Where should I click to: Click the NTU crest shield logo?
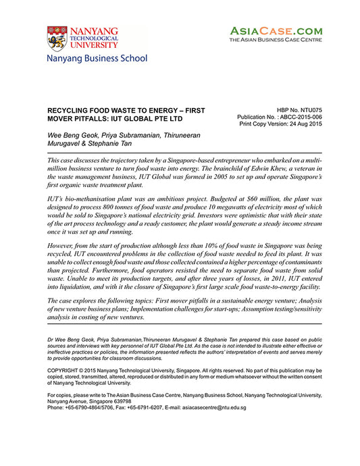57,39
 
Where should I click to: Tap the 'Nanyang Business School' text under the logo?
97,59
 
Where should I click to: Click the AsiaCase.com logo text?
276,31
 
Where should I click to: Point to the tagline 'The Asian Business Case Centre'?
276,41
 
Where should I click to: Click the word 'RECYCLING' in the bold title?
72,109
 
